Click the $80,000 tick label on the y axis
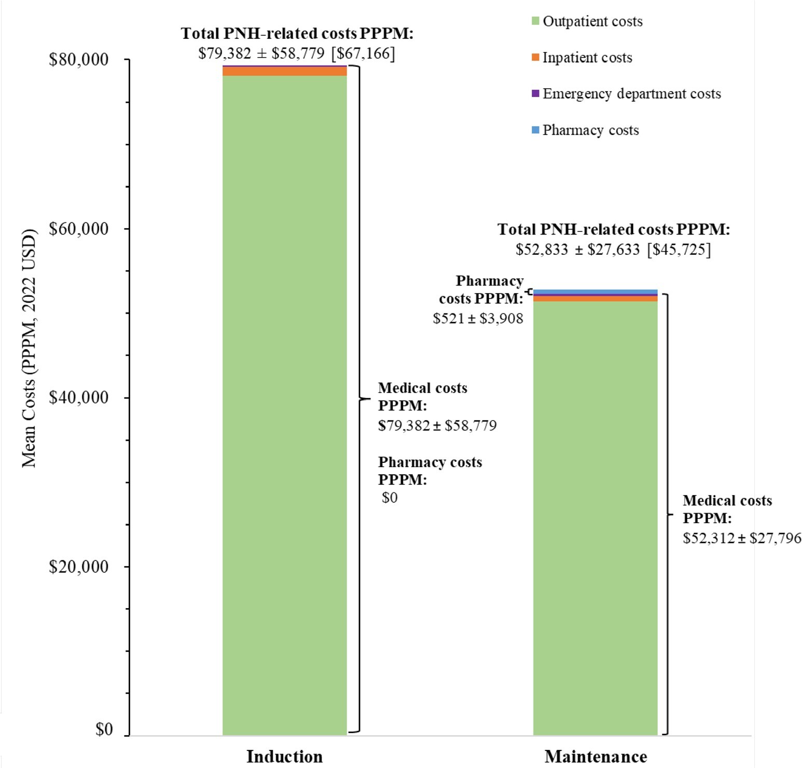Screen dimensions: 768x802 [78, 60]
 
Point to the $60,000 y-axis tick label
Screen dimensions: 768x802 [78, 229]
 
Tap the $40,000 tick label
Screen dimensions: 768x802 [78, 397]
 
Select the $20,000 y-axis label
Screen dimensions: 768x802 [78, 567]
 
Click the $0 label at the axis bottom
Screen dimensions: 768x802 [104, 730]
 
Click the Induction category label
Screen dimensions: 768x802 [284, 757]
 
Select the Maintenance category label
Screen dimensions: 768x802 [596, 757]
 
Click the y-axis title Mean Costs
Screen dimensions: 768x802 [29, 348]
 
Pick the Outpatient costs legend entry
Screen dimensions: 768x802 [592, 22]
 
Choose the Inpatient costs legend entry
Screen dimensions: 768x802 [587, 58]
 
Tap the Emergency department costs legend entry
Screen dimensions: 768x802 [631, 94]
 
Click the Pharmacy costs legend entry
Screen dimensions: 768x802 [590, 130]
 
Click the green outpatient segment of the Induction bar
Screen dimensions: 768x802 [284, 405]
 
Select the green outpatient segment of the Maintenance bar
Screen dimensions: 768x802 [596, 519]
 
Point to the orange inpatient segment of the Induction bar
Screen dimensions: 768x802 [284, 72]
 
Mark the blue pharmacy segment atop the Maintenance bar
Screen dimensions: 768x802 [596, 292]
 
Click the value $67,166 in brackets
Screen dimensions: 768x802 [363, 53]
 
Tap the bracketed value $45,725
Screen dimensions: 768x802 [679, 250]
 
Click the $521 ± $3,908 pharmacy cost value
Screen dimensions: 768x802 [478, 319]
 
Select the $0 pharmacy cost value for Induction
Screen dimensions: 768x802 [390, 498]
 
